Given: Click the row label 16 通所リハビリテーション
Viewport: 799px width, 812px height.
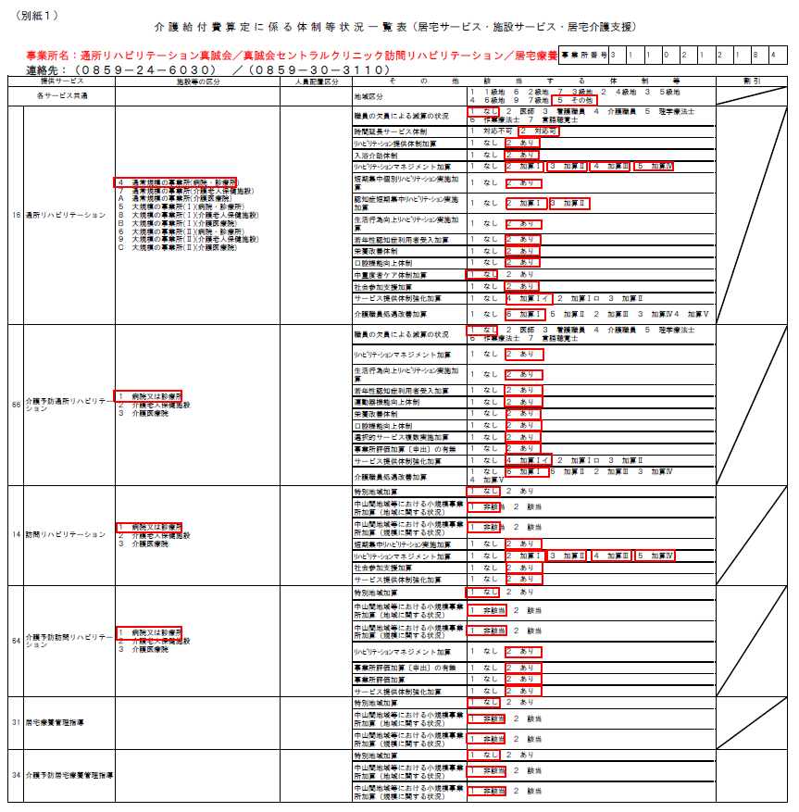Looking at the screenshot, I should [x=59, y=215].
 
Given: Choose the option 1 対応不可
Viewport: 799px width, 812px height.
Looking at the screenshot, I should [x=489, y=131].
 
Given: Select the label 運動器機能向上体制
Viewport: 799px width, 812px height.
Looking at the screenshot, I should [x=386, y=403].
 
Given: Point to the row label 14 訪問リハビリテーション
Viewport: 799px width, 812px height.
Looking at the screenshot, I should [x=59, y=535].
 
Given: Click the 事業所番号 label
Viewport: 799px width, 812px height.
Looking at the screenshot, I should [x=582, y=56].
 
